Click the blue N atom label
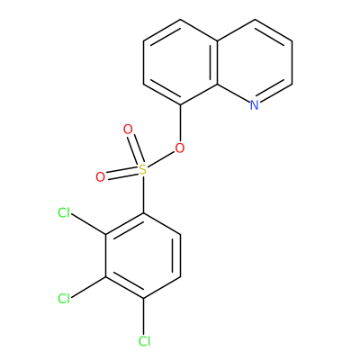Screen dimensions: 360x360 (255, 105)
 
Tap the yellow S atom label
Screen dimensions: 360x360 (143, 170)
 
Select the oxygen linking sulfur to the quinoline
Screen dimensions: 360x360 (180, 148)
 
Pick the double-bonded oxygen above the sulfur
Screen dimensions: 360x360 (128, 130)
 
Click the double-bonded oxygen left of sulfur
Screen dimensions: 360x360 (101, 177)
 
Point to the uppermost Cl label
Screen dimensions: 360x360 (64, 213)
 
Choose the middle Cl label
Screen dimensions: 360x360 (64, 299)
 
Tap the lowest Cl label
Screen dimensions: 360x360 (144, 341)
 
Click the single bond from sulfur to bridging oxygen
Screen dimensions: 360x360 (161, 159)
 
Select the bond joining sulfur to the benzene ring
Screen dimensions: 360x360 (143, 194)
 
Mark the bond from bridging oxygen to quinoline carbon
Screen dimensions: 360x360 (180, 123)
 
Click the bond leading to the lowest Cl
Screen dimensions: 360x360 (144, 317)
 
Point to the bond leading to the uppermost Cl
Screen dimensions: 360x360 (88, 224)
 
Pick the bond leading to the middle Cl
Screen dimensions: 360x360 (88, 287)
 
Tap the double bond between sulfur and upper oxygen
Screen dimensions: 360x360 (135, 150)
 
